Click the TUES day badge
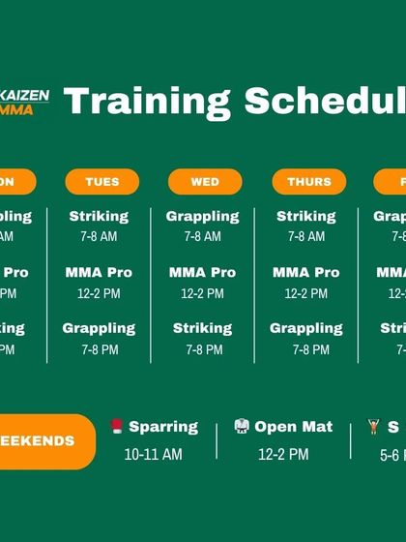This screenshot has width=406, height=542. (102, 182)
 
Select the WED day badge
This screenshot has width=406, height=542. (205, 182)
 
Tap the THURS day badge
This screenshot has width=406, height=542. (308, 182)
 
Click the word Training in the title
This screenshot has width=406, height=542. (148, 102)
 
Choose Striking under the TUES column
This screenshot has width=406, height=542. (99, 217)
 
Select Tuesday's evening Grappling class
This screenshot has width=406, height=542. (99, 328)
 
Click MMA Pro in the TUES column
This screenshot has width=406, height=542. (99, 273)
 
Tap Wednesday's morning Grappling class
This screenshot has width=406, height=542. (202, 217)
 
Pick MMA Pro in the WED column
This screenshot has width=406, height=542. (202, 273)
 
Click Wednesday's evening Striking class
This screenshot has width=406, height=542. (202, 328)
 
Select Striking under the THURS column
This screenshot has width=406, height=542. (306, 217)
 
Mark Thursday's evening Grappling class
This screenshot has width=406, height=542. (306, 328)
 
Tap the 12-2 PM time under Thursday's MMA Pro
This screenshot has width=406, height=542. (306, 293)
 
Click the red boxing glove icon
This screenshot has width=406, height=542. (117, 427)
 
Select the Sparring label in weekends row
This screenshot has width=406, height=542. (163, 427)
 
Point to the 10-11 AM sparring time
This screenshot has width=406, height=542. (153, 454)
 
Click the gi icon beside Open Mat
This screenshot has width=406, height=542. (242, 427)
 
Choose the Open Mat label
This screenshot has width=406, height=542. (293, 427)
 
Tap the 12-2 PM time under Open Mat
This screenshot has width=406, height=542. (283, 454)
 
